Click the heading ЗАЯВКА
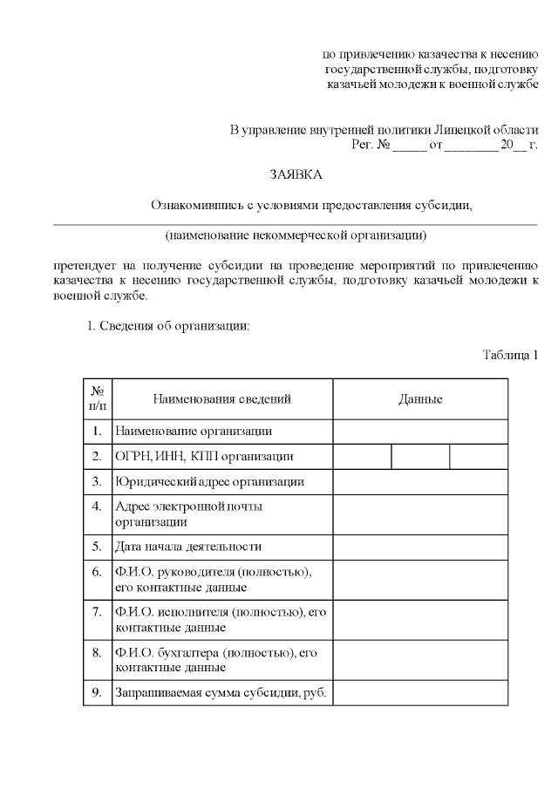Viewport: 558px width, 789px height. tap(296, 175)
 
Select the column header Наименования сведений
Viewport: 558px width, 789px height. tap(221, 399)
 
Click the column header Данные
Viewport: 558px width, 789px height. tap(420, 399)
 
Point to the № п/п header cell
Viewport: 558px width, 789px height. tap(98, 399)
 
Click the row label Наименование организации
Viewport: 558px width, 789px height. tap(194, 431)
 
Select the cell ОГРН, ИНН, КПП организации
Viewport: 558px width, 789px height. tap(204, 456)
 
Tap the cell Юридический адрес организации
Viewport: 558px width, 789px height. tap(209, 481)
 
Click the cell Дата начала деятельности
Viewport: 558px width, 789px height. tap(188, 547)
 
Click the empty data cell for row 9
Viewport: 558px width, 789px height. tap(420, 693)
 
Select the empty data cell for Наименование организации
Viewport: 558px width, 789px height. tap(420, 431)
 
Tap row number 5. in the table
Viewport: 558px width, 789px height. tap(98, 547)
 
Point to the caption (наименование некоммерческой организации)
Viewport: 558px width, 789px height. tap(296, 235)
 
